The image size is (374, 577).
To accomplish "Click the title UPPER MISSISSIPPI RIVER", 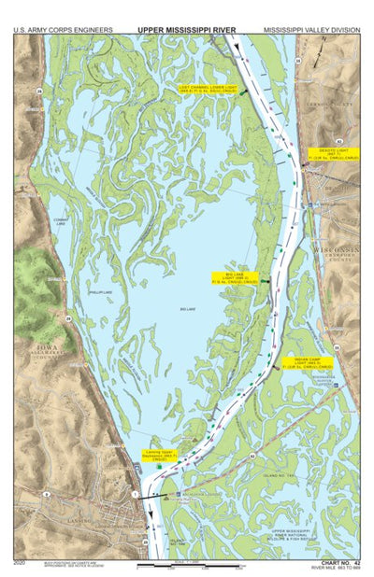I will pos(186,30).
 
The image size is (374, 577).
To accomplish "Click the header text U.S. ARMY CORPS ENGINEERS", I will pos(63,30).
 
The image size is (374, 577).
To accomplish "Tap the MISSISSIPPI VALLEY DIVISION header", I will pos(311,30).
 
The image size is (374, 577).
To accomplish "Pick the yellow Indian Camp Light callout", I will pos(308,363).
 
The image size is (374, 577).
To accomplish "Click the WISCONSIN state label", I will pos(336,251).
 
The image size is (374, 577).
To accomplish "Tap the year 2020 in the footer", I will pos(20,563).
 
